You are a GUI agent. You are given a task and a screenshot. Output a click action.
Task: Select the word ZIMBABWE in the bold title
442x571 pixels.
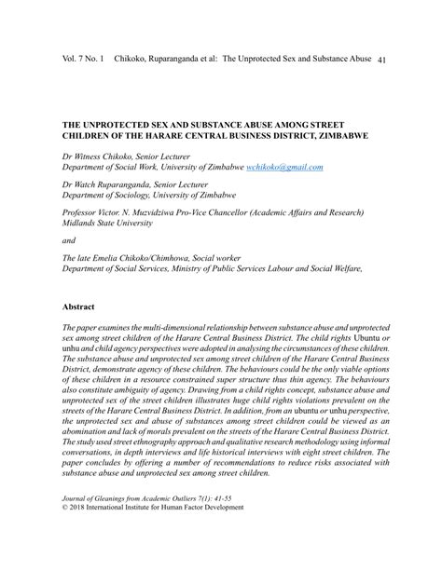[338, 135]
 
